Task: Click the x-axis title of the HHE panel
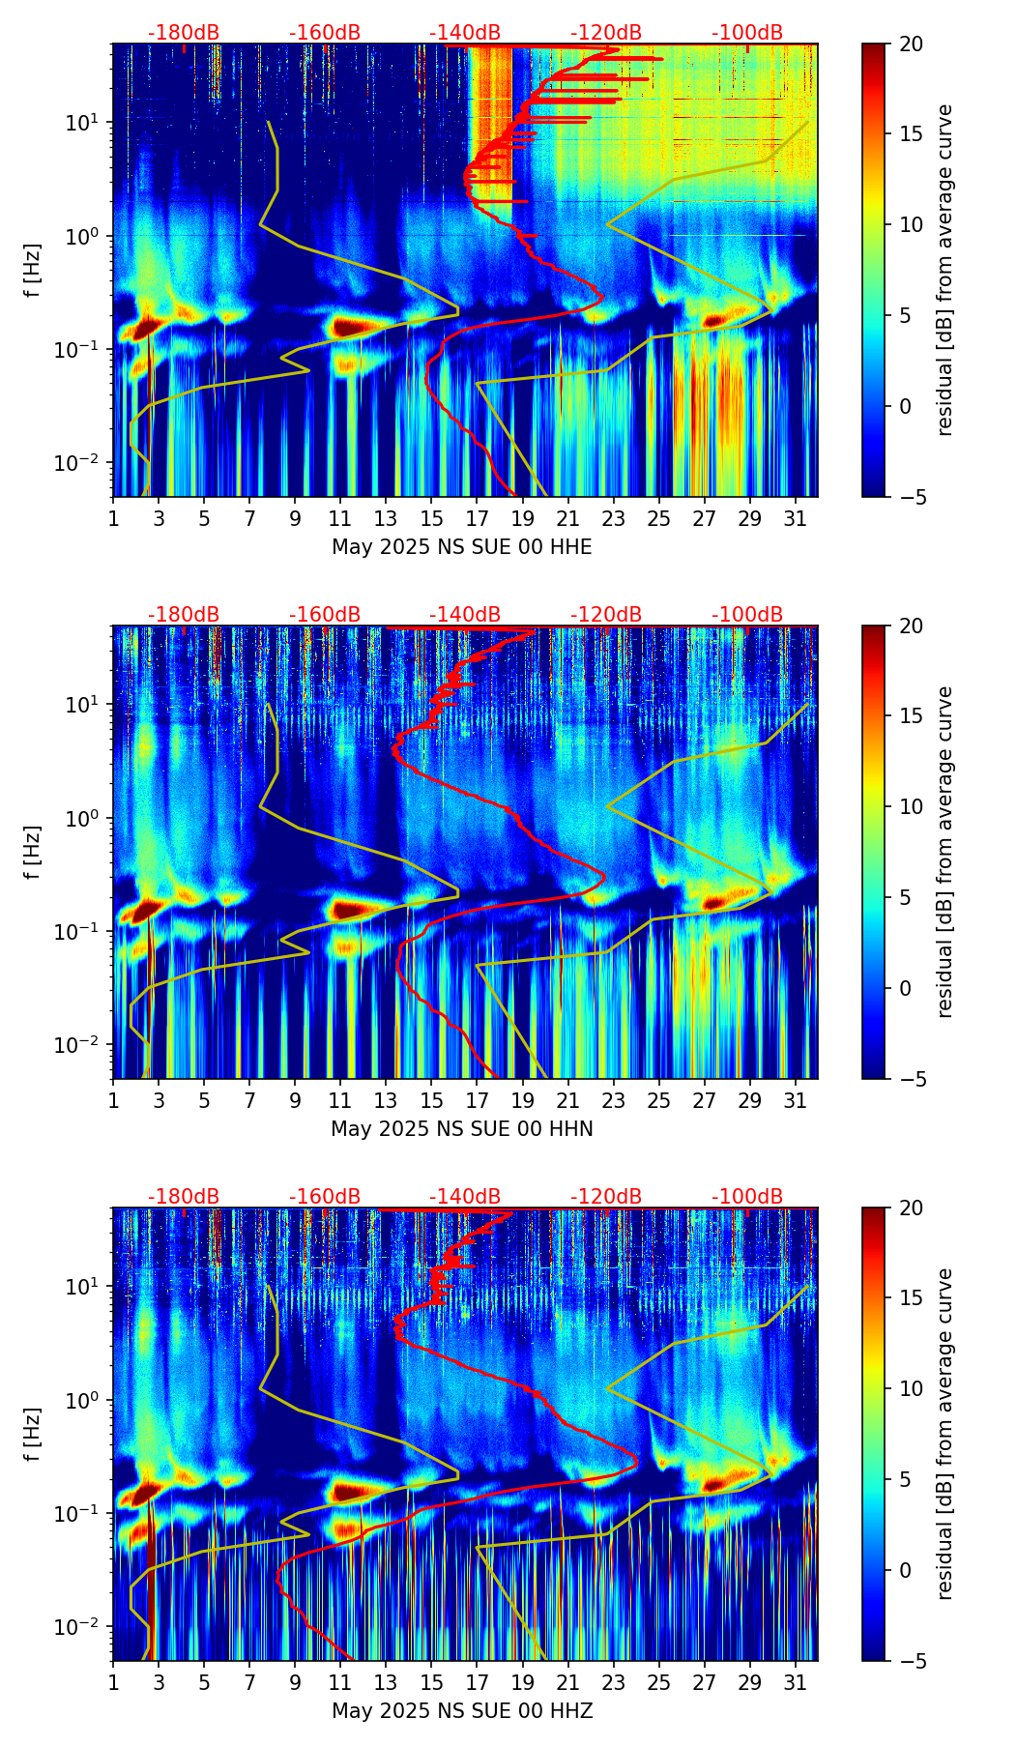(x=461, y=547)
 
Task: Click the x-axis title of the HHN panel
(x=461, y=1129)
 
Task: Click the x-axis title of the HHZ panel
(x=461, y=1711)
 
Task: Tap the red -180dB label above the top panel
(x=184, y=33)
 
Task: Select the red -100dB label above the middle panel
(x=747, y=615)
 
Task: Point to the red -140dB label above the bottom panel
(x=465, y=1197)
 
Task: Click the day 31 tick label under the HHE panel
(x=796, y=518)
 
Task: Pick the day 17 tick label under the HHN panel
(x=478, y=1100)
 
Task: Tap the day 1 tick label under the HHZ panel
(x=113, y=1682)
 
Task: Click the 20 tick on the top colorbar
(x=912, y=44)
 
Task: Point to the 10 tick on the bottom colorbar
(x=912, y=1389)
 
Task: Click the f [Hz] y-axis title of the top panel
(x=34, y=270)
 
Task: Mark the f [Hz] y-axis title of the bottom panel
(x=34, y=1434)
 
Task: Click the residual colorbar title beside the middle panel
(x=945, y=852)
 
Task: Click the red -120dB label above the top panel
(x=606, y=33)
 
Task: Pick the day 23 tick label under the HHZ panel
(x=614, y=1682)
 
